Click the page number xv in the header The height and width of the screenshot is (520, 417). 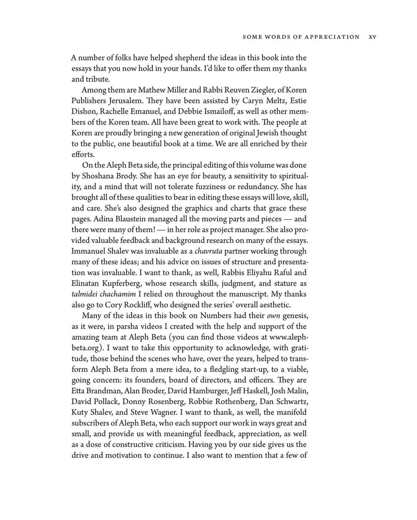coord(372,37)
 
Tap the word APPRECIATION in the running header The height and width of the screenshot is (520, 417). coord(332,37)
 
